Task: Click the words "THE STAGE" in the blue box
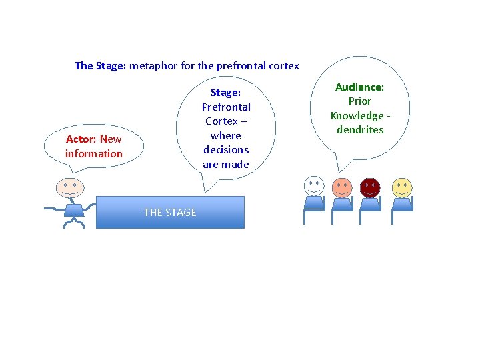[x=170, y=213]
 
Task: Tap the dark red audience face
[x=369, y=187]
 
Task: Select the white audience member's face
[x=313, y=186]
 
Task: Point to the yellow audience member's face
[x=402, y=187]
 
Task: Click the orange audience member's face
[x=341, y=187]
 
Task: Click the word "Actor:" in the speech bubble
[x=81, y=139]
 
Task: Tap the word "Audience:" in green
[x=360, y=87]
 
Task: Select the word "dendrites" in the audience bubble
[x=360, y=130]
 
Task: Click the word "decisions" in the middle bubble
[x=226, y=150]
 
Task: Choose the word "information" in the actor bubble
[x=94, y=154]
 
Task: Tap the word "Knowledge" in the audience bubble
[x=357, y=116]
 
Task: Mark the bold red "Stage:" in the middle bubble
[x=226, y=93]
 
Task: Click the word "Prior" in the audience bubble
[x=360, y=101]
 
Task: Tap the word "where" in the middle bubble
[x=226, y=135]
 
